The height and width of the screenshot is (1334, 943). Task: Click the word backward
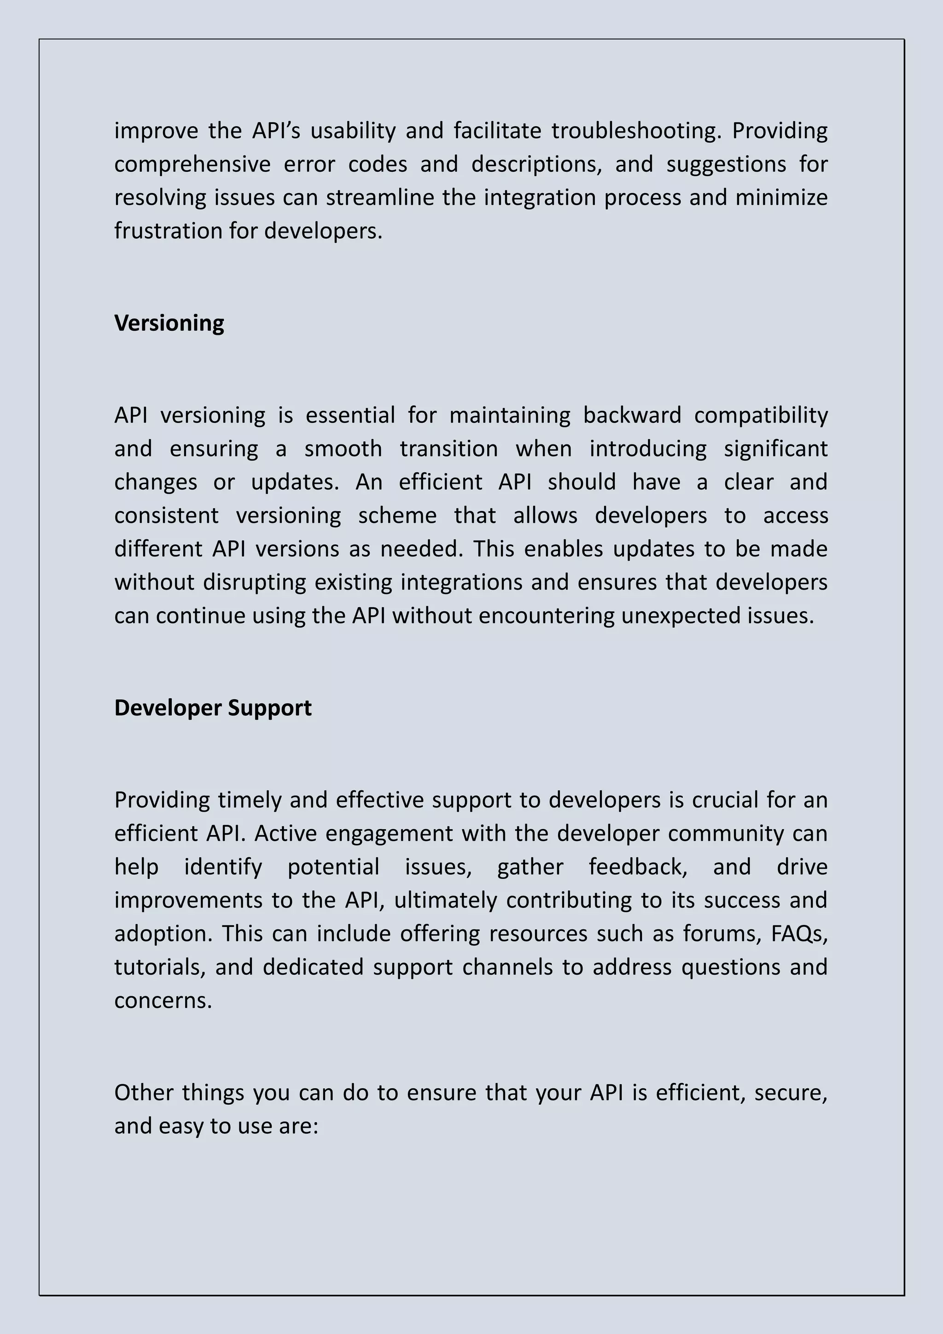[x=631, y=416]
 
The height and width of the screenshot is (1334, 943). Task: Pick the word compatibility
[x=761, y=416]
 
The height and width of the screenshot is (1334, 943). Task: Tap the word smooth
[x=343, y=449]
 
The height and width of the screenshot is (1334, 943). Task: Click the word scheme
[x=397, y=516]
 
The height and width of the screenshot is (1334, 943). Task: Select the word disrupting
[x=254, y=583]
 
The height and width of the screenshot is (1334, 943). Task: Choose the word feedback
[x=638, y=867]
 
